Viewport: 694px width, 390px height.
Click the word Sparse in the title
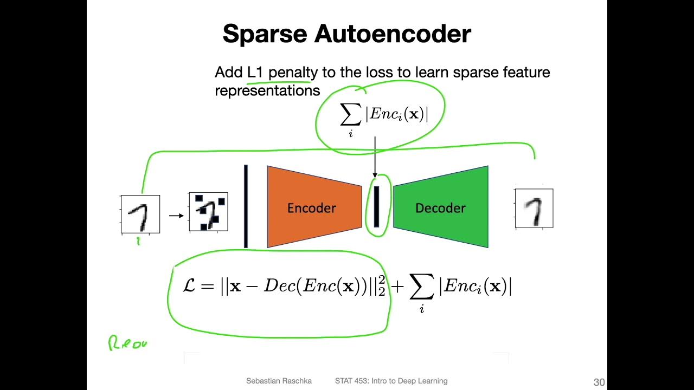click(x=265, y=34)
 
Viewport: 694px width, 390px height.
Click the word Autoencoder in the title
click(x=393, y=34)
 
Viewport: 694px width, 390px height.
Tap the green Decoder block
click(x=440, y=207)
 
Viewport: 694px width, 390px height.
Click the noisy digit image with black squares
click(x=208, y=212)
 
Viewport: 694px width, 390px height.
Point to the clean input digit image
click(x=140, y=214)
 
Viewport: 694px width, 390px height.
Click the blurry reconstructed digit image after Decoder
click(x=534, y=209)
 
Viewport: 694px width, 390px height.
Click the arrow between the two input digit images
click(x=176, y=216)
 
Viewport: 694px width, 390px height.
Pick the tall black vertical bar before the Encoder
click(x=246, y=206)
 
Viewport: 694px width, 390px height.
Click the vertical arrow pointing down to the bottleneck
click(x=375, y=157)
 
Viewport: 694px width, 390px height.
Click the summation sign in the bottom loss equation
click(x=421, y=287)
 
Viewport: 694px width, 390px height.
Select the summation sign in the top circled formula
click(x=350, y=115)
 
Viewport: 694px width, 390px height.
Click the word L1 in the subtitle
click(x=255, y=73)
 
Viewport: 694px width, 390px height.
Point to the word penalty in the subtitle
click(x=293, y=73)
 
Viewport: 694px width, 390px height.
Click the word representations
click(x=267, y=90)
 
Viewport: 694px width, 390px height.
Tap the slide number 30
click(x=599, y=382)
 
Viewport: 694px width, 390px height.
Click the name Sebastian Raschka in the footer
click(x=279, y=381)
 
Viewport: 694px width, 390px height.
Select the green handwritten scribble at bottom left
click(x=128, y=343)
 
